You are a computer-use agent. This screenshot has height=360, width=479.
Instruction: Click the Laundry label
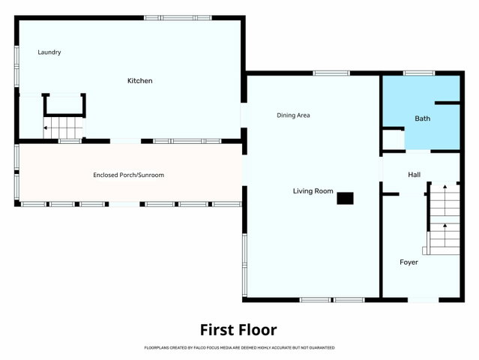(x=49, y=52)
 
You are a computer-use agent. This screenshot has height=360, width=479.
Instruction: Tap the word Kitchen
(x=140, y=81)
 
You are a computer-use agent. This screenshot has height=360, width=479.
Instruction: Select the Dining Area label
(x=293, y=115)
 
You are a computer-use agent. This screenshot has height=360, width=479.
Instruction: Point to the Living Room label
(x=313, y=191)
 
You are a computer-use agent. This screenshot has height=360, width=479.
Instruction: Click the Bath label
(x=423, y=118)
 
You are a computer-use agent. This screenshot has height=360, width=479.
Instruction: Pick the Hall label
(x=415, y=175)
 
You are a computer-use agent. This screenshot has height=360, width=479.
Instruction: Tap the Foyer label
(x=409, y=262)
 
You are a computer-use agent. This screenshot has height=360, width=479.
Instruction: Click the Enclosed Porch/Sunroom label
(x=129, y=175)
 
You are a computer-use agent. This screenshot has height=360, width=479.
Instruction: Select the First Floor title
(x=238, y=330)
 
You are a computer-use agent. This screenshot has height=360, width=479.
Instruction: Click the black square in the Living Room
(x=346, y=198)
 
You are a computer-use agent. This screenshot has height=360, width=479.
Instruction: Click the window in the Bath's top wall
(x=419, y=73)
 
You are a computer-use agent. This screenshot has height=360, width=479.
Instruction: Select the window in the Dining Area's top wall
(x=331, y=73)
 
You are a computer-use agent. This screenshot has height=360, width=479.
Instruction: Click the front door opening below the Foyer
(x=424, y=300)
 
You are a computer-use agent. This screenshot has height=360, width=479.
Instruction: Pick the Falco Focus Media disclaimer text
(x=239, y=348)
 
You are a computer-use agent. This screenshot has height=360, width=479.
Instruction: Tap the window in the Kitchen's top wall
(x=178, y=18)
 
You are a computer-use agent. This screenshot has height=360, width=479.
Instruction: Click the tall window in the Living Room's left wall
(x=244, y=265)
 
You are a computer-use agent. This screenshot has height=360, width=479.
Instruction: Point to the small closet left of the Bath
(x=394, y=140)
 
